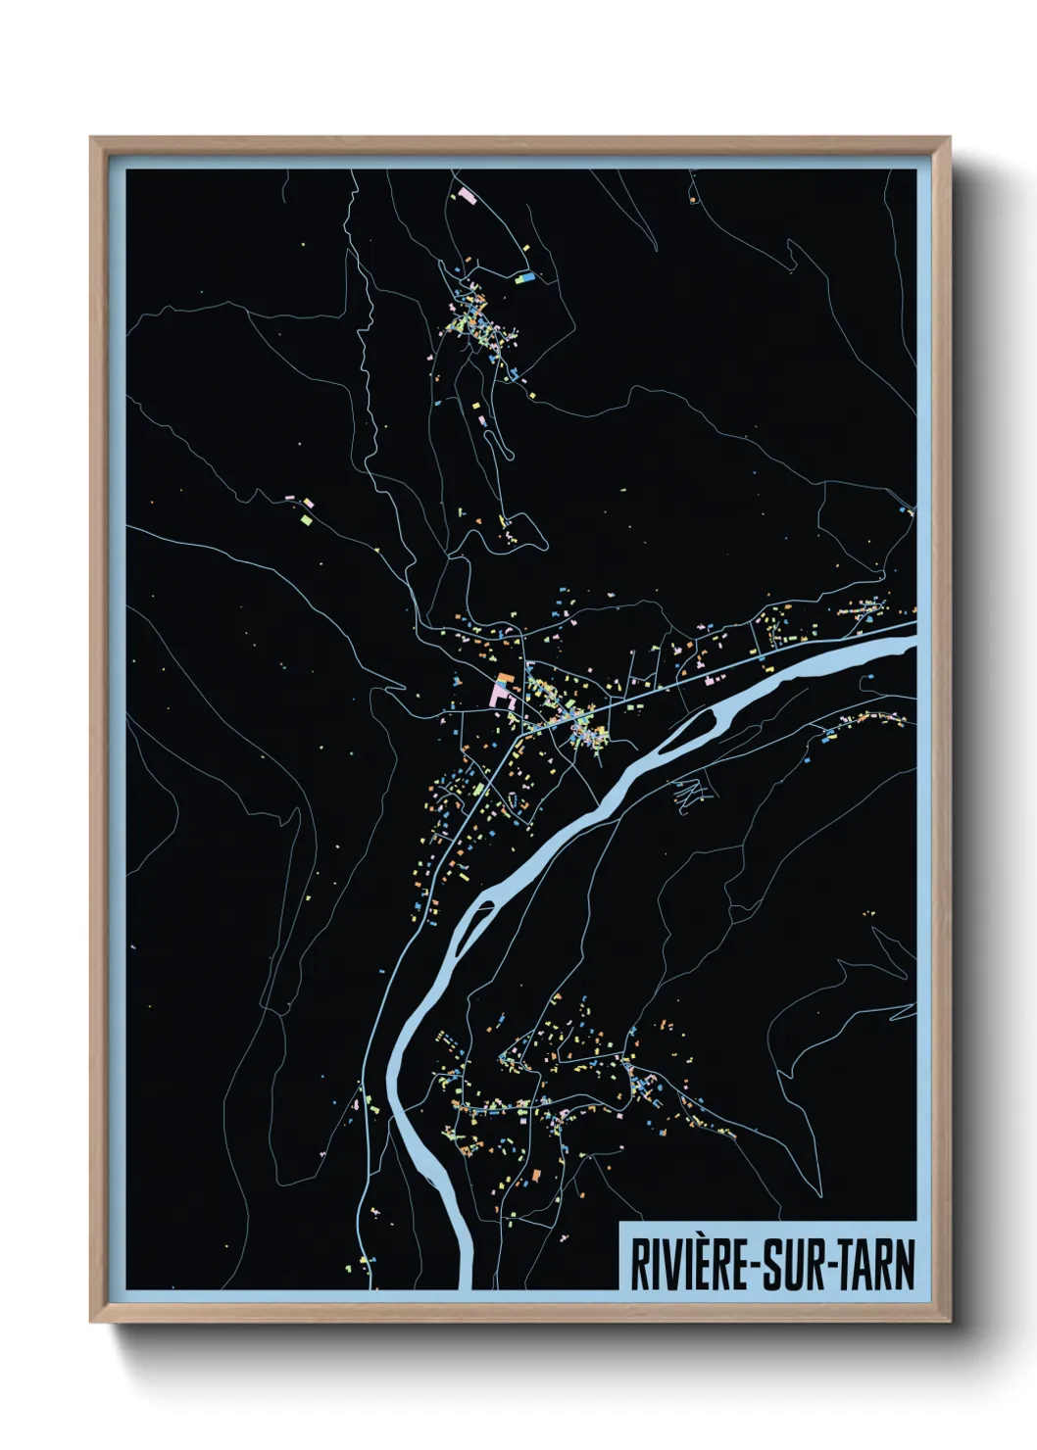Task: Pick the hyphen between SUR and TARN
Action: click(x=830, y=1266)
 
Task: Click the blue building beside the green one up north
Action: click(x=530, y=277)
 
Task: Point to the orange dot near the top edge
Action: click(x=692, y=200)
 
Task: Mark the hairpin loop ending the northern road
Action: click(x=510, y=454)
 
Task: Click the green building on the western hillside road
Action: click(x=307, y=518)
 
